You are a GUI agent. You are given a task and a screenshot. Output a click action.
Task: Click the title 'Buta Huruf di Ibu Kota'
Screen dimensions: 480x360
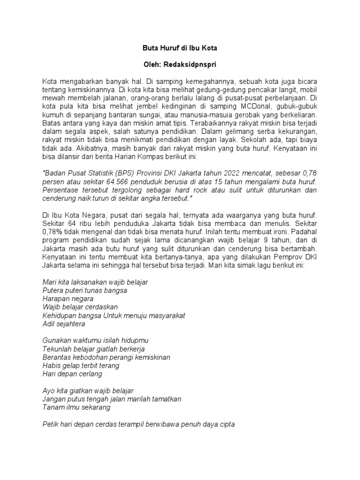[180, 48]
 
